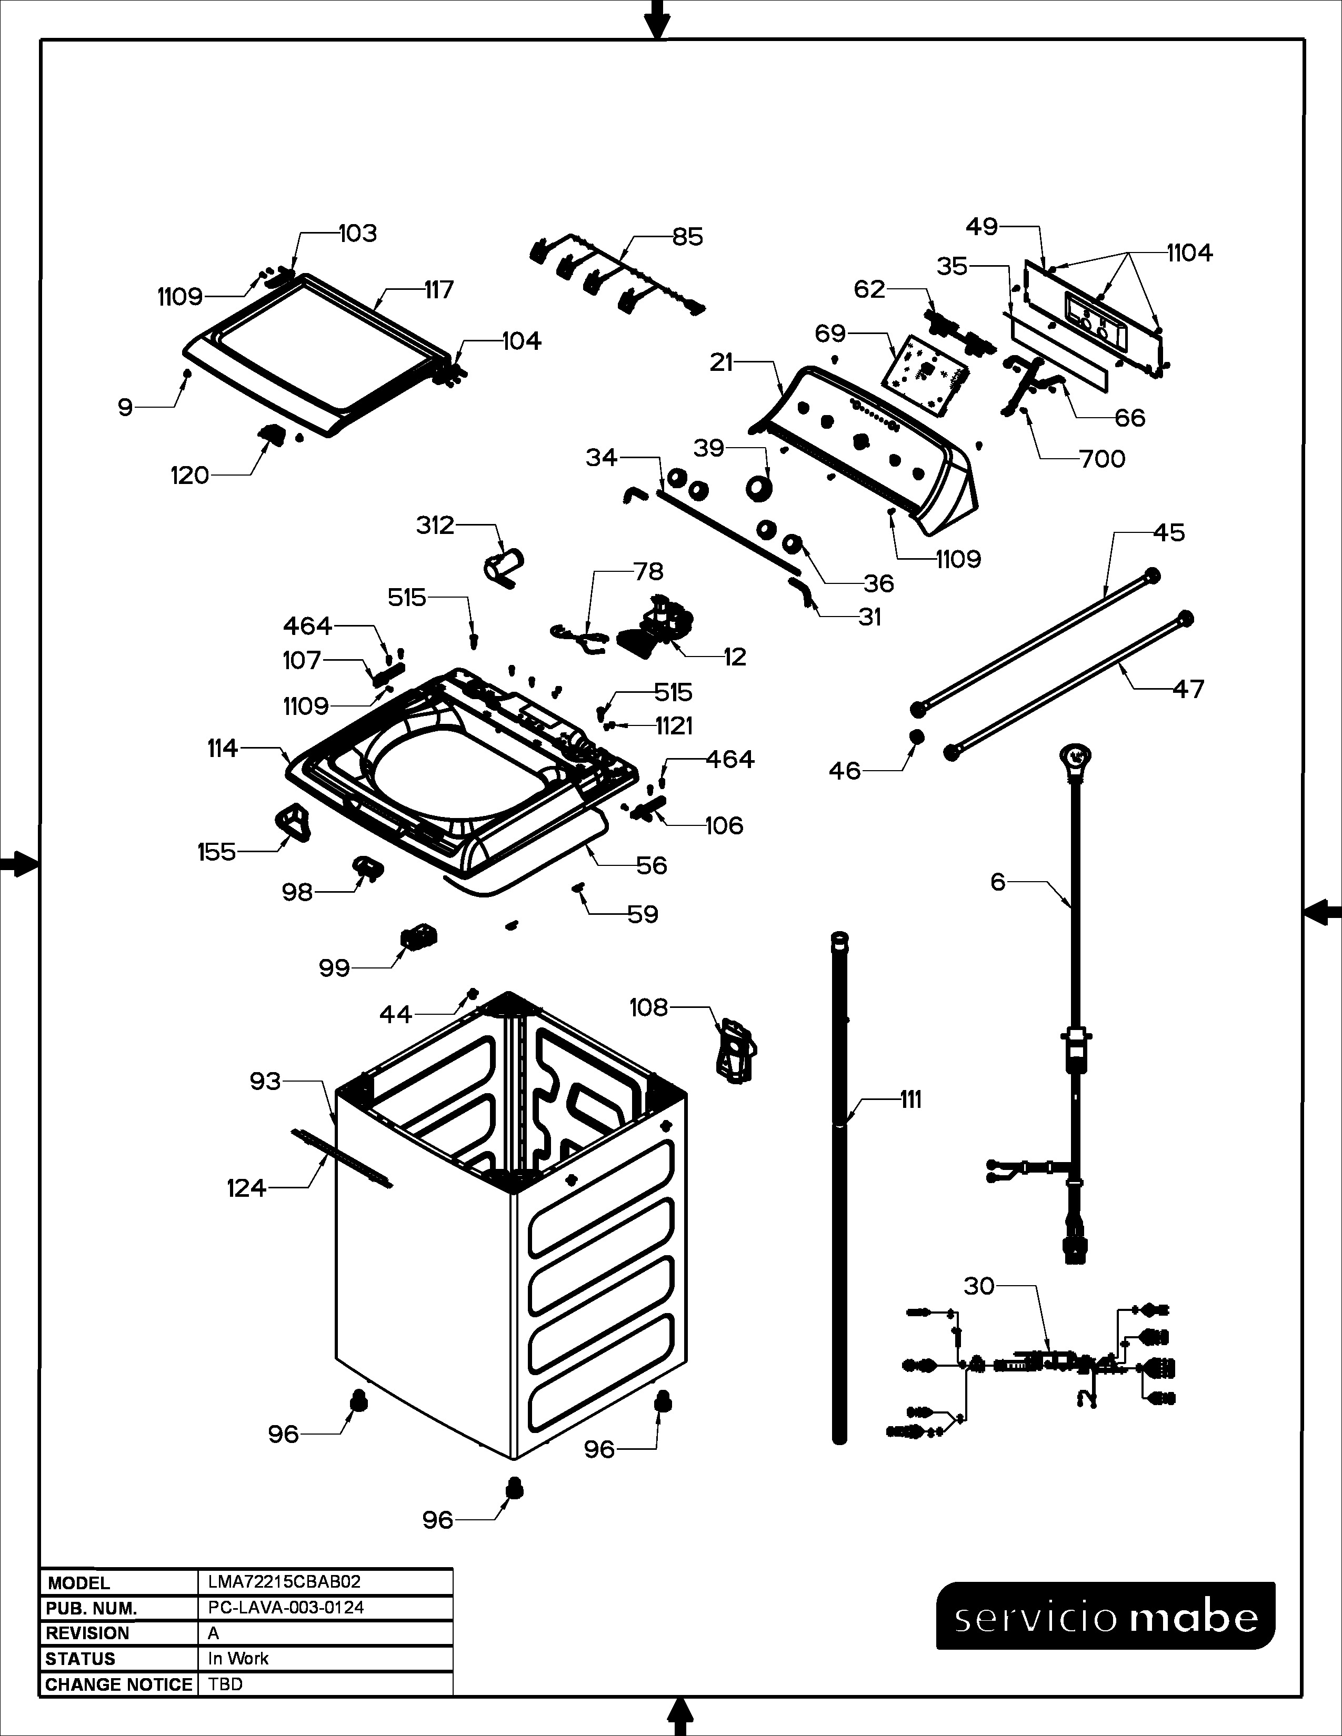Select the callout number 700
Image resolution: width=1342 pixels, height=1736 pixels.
(1102, 459)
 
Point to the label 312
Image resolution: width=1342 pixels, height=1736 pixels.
(435, 526)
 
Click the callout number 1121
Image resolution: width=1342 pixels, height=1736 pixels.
(674, 726)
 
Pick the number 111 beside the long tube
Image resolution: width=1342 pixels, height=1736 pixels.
(910, 1100)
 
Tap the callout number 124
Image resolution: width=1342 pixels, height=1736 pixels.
(246, 1188)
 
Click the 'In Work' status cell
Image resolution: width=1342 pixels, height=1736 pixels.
(238, 1658)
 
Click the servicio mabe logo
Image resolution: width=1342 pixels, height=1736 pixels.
(1106, 1616)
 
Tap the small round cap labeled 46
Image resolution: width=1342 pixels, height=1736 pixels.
(916, 735)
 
